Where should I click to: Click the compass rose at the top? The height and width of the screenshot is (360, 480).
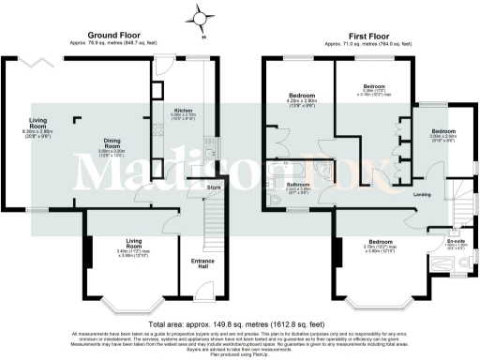(x=200, y=16)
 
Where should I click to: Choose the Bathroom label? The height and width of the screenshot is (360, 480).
(x=299, y=185)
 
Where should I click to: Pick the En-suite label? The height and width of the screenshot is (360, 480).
(x=457, y=241)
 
